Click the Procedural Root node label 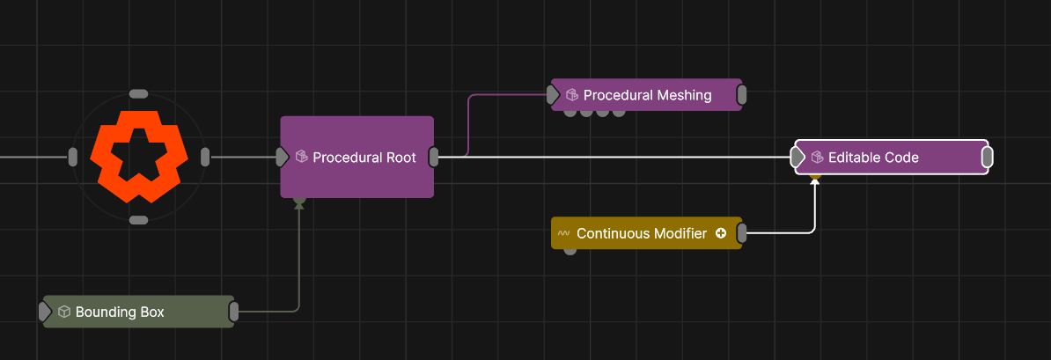pyautogui.click(x=364, y=158)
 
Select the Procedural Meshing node pyautogui.click(x=646, y=94)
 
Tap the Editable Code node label pyautogui.click(x=873, y=158)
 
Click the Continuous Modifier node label pyautogui.click(x=642, y=233)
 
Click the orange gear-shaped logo pyautogui.click(x=139, y=157)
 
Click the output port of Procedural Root pyautogui.click(x=434, y=158)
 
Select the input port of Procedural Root pyautogui.click(x=283, y=158)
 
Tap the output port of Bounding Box pyautogui.click(x=234, y=312)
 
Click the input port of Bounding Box pyautogui.click(x=45, y=312)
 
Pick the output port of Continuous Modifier pyautogui.click(x=742, y=233)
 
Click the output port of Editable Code pyautogui.click(x=988, y=158)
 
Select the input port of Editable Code pyautogui.click(x=797, y=158)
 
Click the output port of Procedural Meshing pyautogui.click(x=742, y=94)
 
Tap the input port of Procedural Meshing pyautogui.click(x=553, y=94)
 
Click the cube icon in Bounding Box pyautogui.click(x=64, y=312)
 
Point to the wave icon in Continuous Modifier pyautogui.click(x=563, y=233)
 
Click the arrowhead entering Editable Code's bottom pyautogui.click(x=815, y=182)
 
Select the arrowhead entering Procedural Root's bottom pyautogui.click(x=299, y=205)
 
